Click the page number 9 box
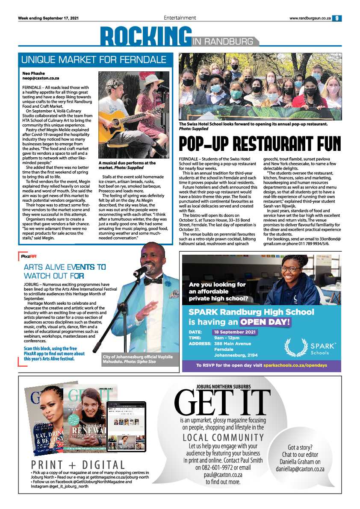tap(337, 18)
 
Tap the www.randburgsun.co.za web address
tap(310, 18)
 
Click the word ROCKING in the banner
tap(145, 37)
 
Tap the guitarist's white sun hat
tap(153, 80)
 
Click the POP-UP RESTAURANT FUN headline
tap(260, 144)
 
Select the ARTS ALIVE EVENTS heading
tap(65, 271)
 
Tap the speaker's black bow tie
tap(153, 281)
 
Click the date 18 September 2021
tap(235, 332)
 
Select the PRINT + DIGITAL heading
tap(78, 465)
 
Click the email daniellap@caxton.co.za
tap(300, 469)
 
